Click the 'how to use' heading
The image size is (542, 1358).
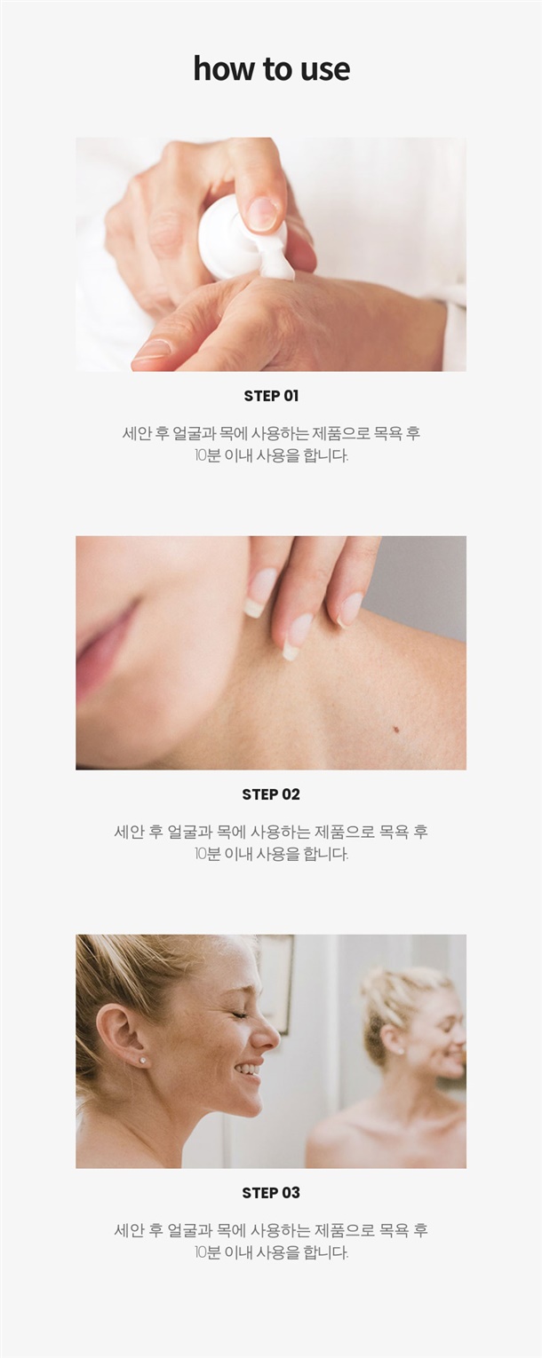pos(271,67)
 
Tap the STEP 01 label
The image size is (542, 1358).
pos(271,396)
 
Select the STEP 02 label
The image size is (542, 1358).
pos(271,794)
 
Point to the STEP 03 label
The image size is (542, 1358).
pos(271,1193)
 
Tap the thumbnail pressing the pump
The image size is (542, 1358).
pos(263,213)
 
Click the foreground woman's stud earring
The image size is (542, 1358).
pos(143,1061)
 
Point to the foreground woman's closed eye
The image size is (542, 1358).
pos(237,1015)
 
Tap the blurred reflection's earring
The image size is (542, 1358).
pos(401,1050)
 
